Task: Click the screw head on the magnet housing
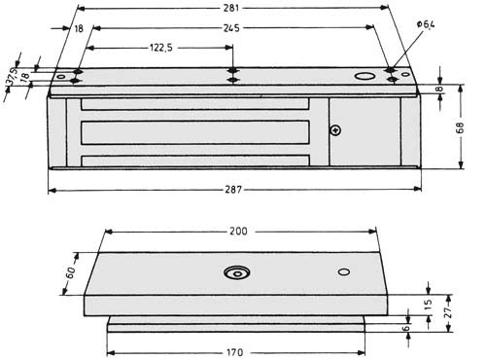tap(335, 131)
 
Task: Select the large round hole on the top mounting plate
tap(363, 76)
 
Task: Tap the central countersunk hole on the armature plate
tap(236, 273)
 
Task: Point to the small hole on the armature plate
tap(343, 271)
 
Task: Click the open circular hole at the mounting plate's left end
tap(60, 76)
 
